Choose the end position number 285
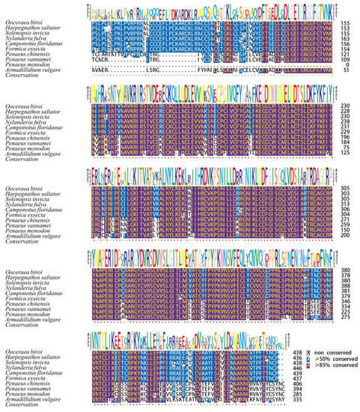coord(346,395)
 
